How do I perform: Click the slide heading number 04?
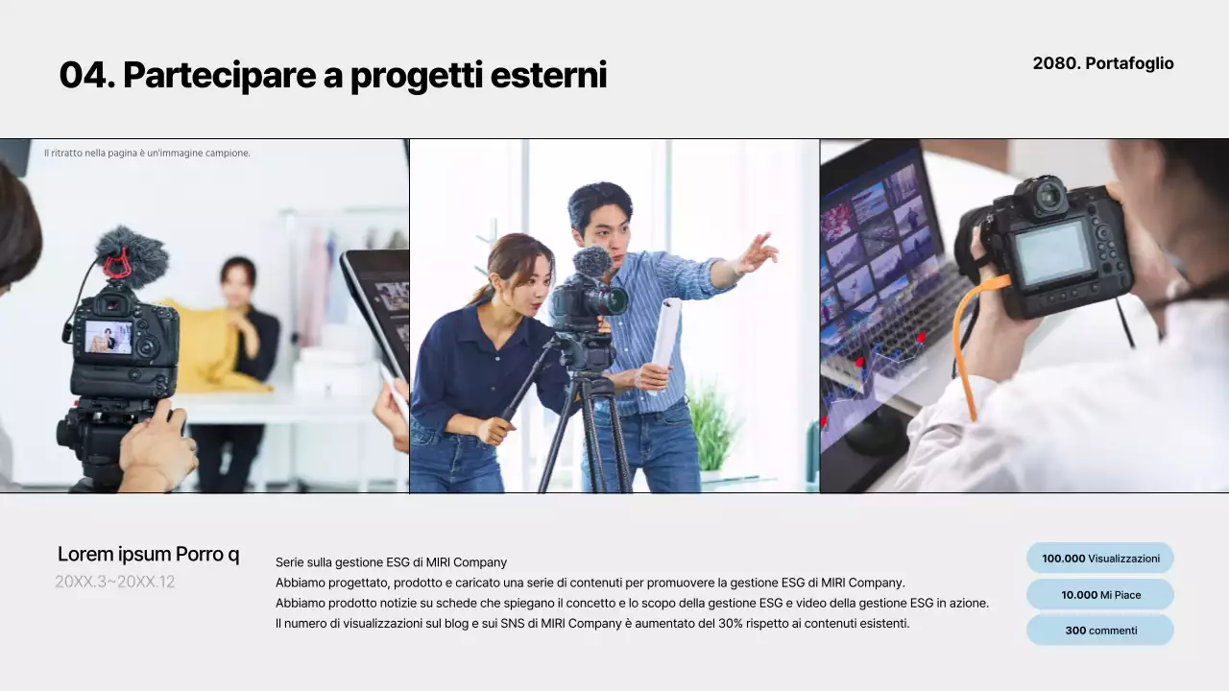[86, 75]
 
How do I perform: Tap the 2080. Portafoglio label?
[1103, 63]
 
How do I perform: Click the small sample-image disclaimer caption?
[147, 153]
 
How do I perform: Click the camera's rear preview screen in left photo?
[108, 337]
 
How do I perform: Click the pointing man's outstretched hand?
[759, 252]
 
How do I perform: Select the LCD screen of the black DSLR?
[1053, 252]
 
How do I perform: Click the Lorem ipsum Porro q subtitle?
[148, 554]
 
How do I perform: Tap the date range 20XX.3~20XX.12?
[115, 582]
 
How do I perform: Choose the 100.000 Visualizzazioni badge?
[1100, 558]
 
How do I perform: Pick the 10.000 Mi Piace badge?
[1100, 594]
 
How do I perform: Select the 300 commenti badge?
[1100, 631]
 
